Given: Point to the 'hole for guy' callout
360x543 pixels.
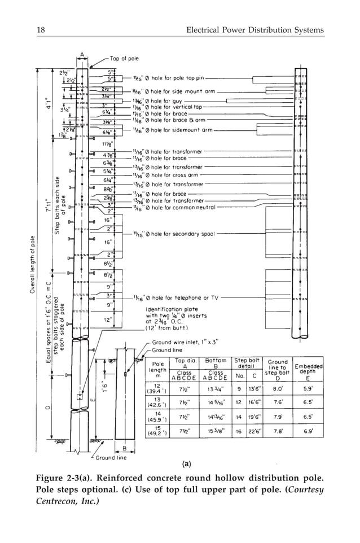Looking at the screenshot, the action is (163, 100).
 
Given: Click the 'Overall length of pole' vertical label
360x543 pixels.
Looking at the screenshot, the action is (34, 265).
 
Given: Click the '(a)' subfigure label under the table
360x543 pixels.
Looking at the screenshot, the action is (186, 465).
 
